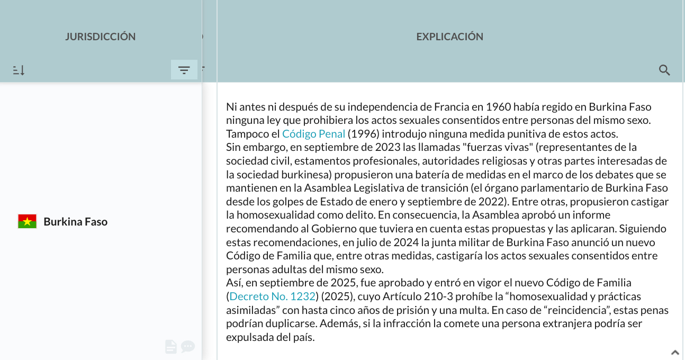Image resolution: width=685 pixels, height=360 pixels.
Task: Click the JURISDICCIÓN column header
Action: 101,37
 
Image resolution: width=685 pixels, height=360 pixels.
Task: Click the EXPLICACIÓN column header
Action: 449,37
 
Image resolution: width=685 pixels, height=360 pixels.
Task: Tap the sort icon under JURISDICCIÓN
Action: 19,70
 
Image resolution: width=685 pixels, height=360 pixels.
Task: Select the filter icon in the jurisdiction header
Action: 184,70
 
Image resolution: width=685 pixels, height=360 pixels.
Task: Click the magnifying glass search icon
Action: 664,70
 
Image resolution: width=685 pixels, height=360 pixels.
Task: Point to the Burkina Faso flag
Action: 28,221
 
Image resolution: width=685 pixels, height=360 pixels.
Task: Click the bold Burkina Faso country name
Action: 75,222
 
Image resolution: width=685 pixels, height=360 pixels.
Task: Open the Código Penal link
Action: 313,134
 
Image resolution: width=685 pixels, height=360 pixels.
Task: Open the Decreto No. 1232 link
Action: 273,296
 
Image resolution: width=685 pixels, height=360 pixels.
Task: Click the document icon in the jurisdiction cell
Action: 170,347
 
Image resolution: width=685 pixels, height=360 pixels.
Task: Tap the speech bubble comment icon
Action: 188,347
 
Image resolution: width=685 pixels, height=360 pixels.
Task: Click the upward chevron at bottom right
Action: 675,352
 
